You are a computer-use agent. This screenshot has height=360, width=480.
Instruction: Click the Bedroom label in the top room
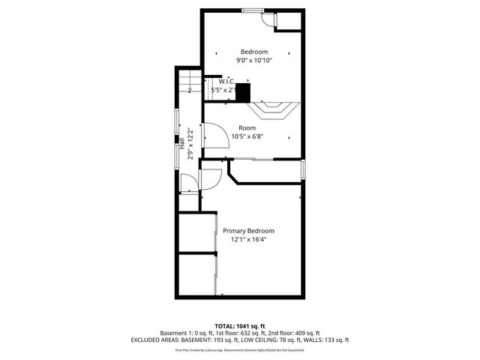253,51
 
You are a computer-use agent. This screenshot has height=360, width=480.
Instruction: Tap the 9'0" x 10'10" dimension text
253,60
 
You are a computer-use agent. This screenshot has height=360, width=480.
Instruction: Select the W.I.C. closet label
226,81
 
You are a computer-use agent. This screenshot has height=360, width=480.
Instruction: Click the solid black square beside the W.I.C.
242,93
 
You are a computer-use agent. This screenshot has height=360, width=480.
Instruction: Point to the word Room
247,127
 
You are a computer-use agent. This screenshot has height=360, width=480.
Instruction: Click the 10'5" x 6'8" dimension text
247,136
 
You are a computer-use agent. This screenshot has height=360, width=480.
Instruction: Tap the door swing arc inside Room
216,133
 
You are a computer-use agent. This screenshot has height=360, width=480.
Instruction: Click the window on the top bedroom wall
253,10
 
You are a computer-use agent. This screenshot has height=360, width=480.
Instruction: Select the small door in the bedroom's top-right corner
267,20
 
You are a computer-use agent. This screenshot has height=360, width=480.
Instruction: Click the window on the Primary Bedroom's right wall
303,169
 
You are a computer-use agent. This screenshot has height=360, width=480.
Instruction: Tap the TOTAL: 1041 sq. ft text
239,325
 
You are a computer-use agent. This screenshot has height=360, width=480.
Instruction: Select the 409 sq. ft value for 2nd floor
304,332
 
